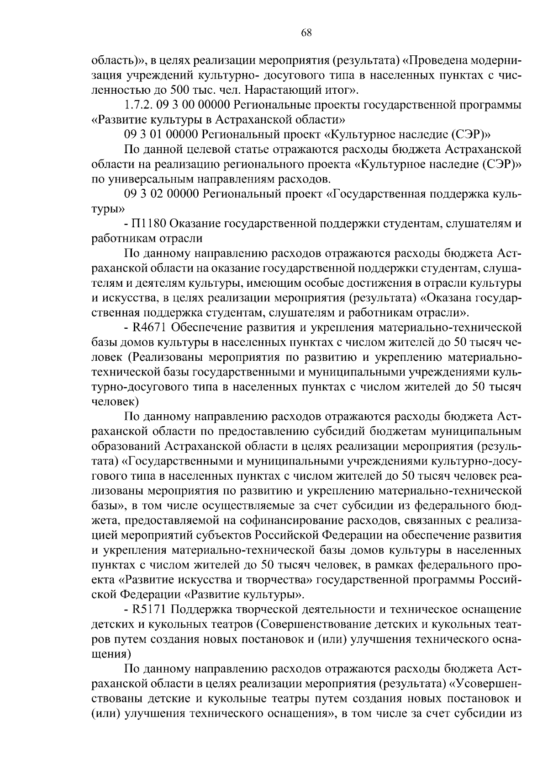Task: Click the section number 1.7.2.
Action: coord(138,106)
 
